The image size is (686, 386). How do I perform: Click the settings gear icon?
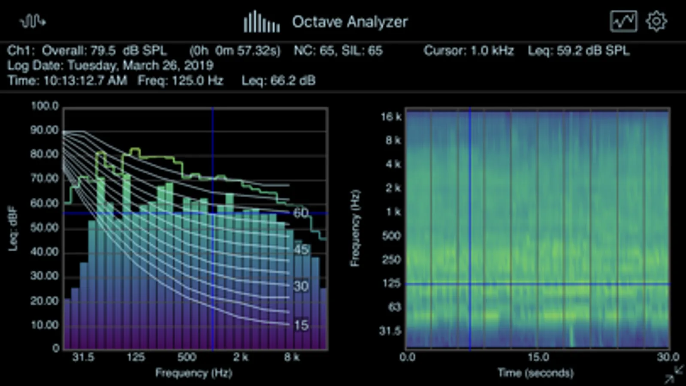pyautogui.click(x=656, y=21)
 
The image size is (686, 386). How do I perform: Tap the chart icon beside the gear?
pyautogui.click(x=623, y=21)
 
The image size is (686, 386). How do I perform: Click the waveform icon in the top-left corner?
pyautogui.click(x=33, y=21)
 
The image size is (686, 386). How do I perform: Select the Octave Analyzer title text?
pyautogui.click(x=350, y=22)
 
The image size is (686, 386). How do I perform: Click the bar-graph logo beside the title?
pyautogui.click(x=262, y=22)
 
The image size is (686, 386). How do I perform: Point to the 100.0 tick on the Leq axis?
pyautogui.click(x=45, y=106)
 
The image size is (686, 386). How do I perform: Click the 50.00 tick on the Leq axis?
pyautogui.click(x=45, y=227)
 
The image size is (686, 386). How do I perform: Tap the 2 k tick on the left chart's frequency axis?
pyautogui.click(x=241, y=357)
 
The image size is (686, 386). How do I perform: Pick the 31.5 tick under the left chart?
pyautogui.click(x=83, y=357)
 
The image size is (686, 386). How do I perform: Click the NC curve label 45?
pyautogui.click(x=301, y=249)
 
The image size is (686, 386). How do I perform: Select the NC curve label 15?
pyautogui.click(x=301, y=325)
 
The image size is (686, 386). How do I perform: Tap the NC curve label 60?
pyautogui.click(x=301, y=213)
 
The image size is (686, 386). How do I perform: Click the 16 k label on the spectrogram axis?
pyautogui.click(x=391, y=117)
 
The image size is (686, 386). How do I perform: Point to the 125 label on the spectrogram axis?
pyautogui.click(x=391, y=283)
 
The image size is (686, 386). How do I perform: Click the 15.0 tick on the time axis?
pyautogui.click(x=538, y=357)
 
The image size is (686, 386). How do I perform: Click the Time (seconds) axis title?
pyautogui.click(x=535, y=373)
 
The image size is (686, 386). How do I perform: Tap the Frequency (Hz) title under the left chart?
pyautogui.click(x=193, y=373)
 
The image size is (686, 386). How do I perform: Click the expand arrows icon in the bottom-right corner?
pyautogui.click(x=674, y=374)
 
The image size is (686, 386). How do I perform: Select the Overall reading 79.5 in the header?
pyautogui.click(x=103, y=51)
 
